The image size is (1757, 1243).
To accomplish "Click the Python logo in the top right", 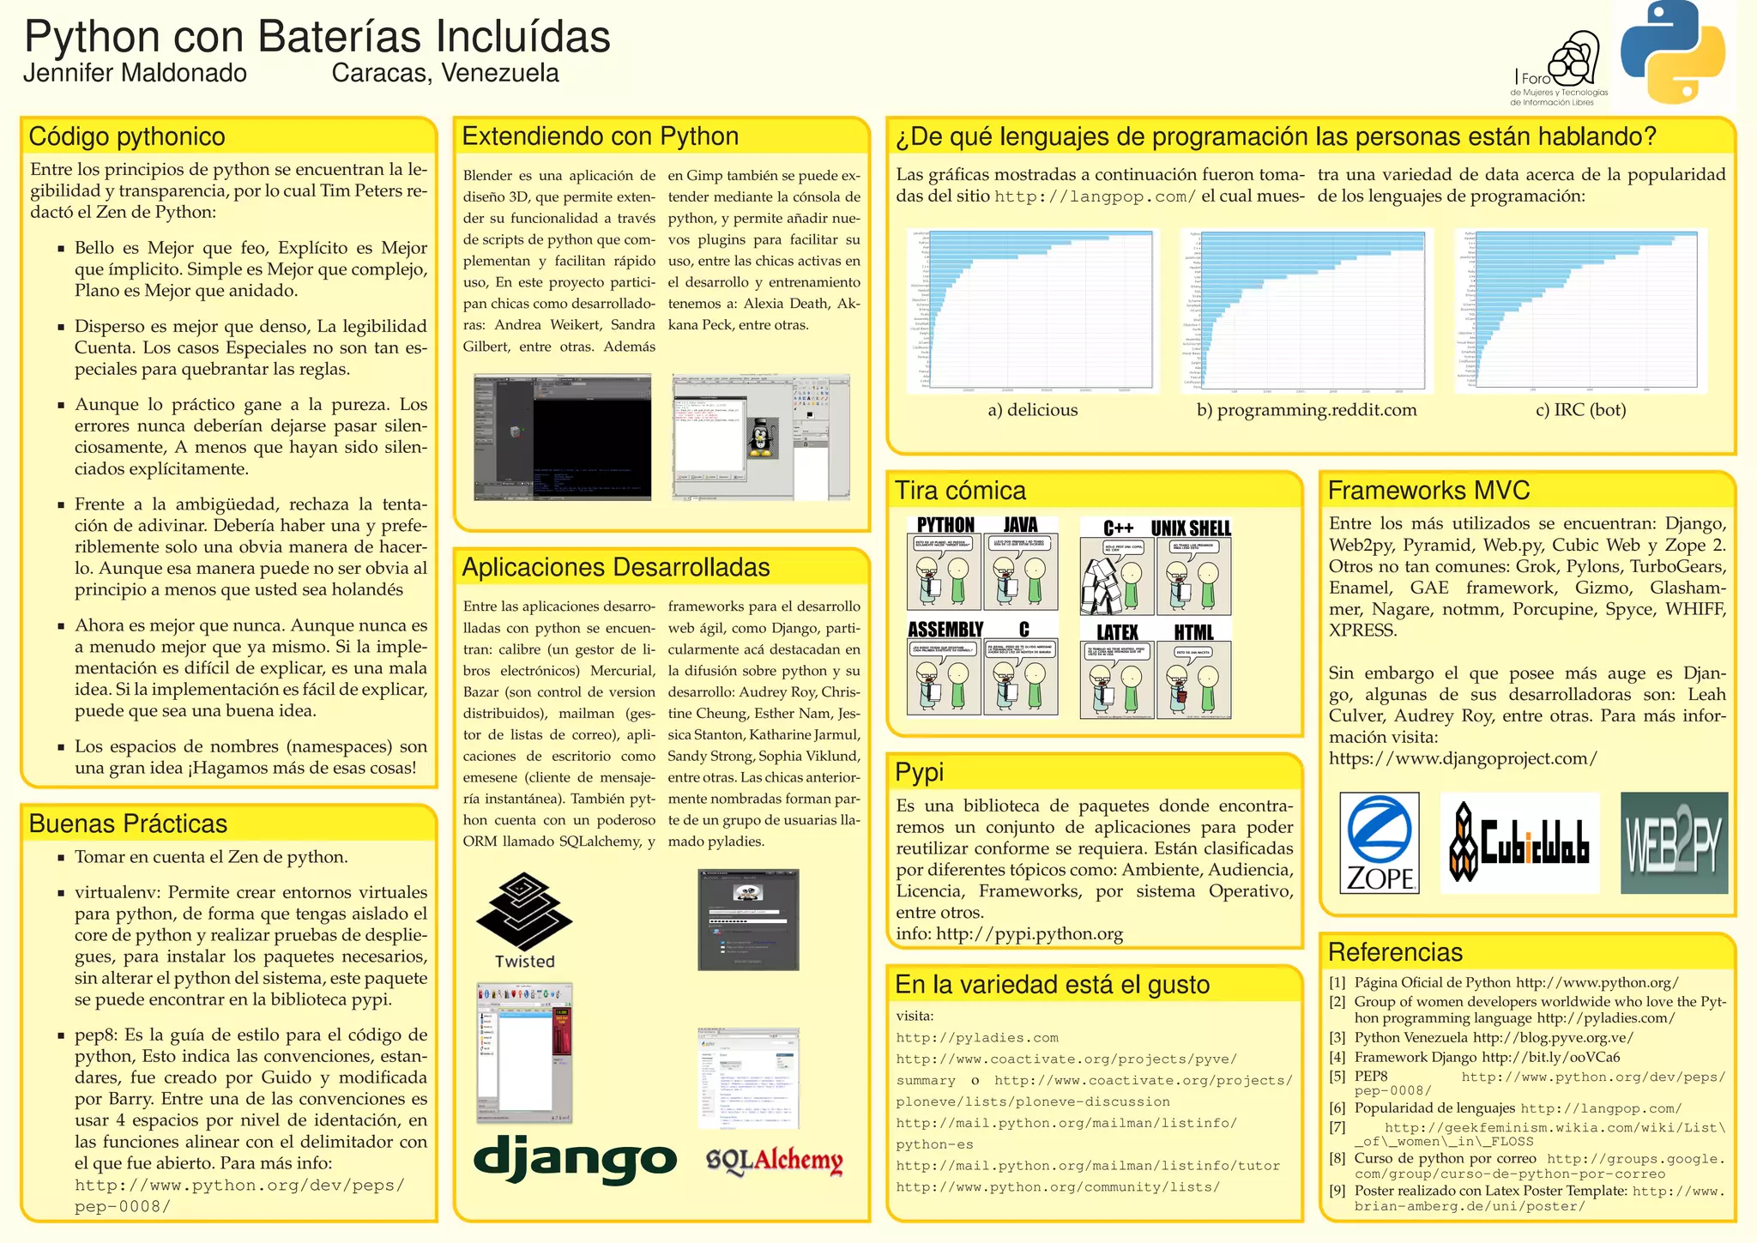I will (x=1672, y=51).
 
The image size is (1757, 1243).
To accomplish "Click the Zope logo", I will (x=1379, y=842).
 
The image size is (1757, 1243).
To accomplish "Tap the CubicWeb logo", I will (x=1519, y=842).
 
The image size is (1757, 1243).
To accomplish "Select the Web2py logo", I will (x=1674, y=842).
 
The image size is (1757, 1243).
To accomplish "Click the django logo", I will (x=575, y=1159).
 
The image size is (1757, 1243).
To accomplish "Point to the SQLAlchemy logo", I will (x=774, y=1161).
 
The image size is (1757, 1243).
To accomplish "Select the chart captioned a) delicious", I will (x=1032, y=311).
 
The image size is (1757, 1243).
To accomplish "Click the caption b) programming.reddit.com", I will (x=1307, y=410).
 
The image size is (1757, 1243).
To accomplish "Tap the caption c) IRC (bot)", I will (x=1580, y=410).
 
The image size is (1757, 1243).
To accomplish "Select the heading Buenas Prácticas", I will (x=128, y=824).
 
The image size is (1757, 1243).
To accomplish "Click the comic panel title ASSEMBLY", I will (x=945, y=630).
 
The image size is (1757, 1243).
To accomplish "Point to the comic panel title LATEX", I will (x=1117, y=633).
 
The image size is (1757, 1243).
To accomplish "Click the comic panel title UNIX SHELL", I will (x=1191, y=528).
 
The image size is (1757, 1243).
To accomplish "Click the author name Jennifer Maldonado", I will (x=135, y=74).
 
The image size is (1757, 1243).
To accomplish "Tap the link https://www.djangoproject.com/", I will (x=1463, y=758).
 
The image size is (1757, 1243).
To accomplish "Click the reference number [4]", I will (x=1337, y=1058).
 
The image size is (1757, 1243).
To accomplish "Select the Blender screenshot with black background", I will (x=562, y=437).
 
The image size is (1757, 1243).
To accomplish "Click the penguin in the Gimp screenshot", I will (x=758, y=437).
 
